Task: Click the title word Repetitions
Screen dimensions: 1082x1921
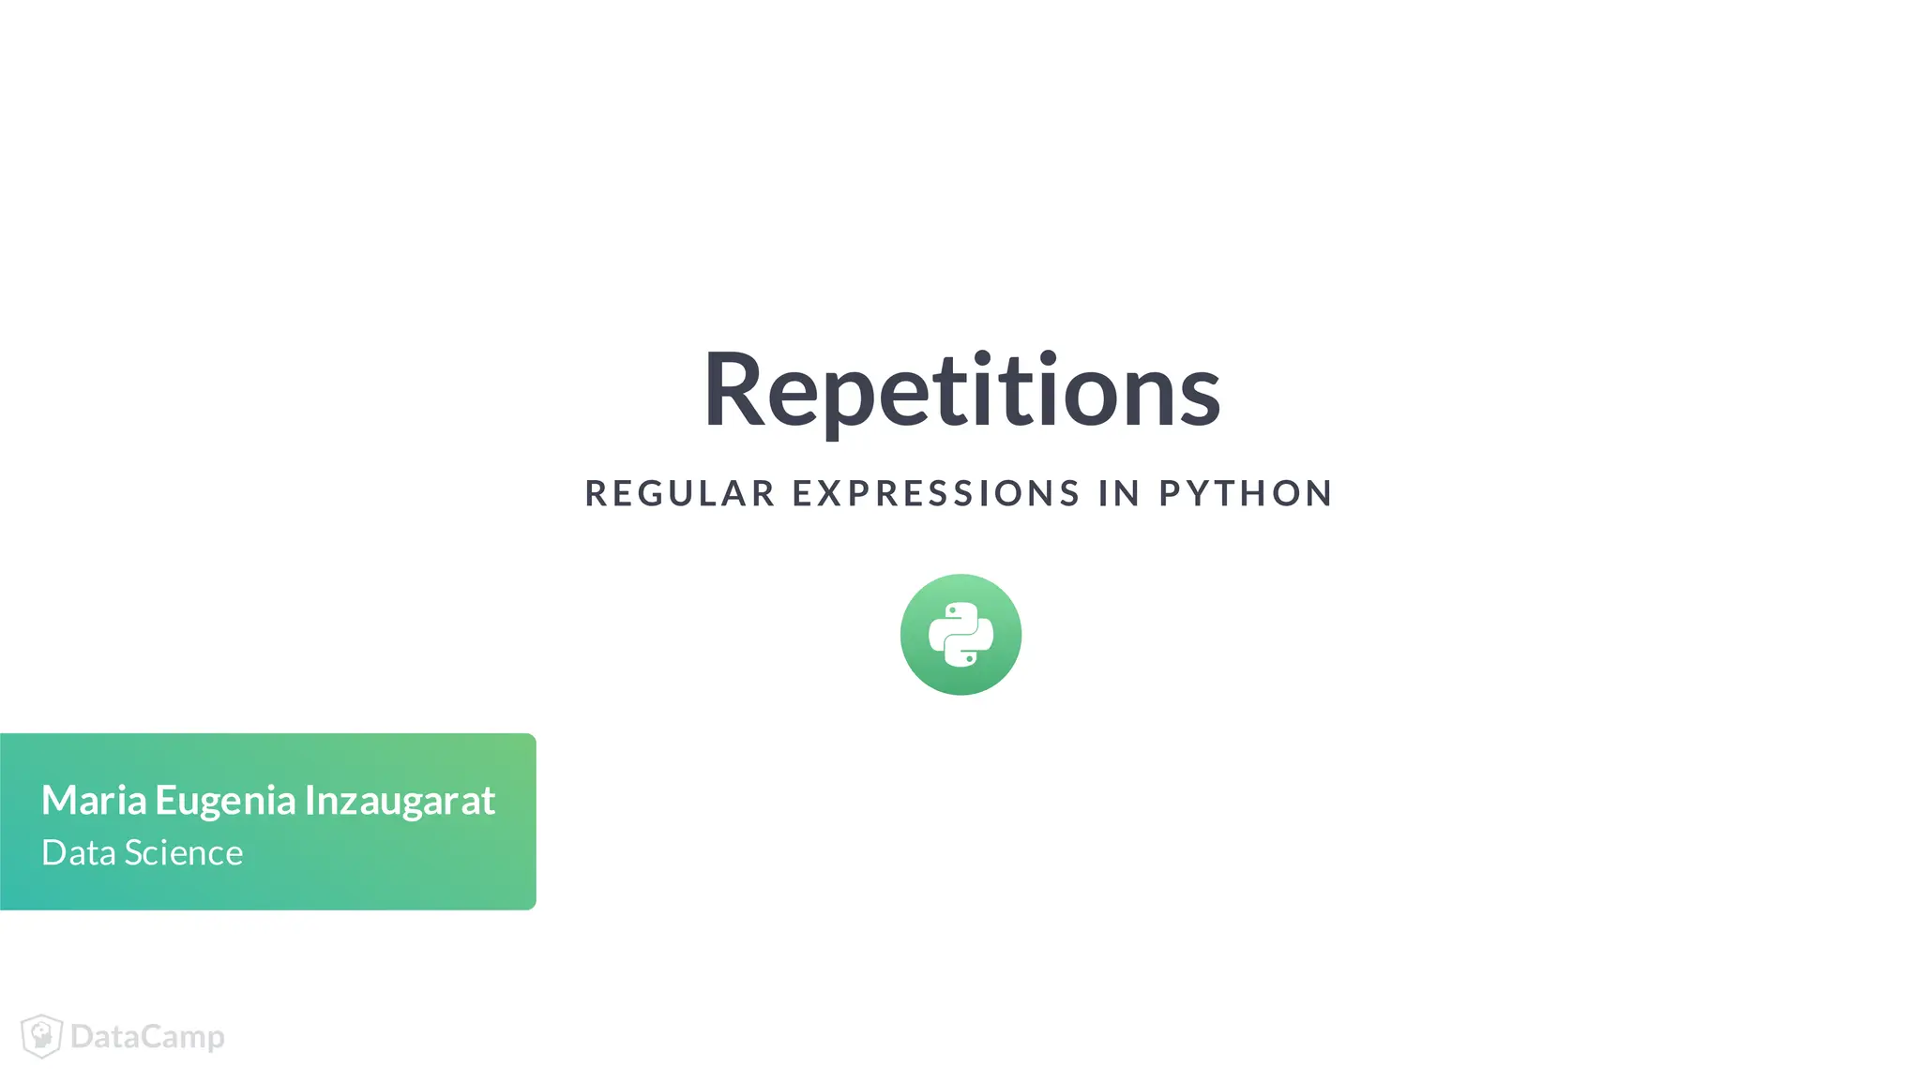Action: (x=961, y=390)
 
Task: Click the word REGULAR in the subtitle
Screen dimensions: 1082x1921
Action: (x=680, y=493)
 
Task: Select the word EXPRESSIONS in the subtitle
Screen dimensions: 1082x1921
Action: (x=936, y=493)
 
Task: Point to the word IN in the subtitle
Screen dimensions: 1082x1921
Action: (x=1119, y=493)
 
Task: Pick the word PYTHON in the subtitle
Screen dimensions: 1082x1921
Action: (x=1246, y=493)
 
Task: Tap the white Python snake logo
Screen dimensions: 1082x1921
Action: (x=960, y=635)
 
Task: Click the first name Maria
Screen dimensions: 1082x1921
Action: (x=94, y=801)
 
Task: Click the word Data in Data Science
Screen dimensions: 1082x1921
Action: (x=79, y=853)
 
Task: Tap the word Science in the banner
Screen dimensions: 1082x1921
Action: (x=184, y=853)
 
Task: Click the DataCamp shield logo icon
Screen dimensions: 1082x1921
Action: (x=41, y=1036)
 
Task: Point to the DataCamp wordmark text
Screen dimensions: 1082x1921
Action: (x=147, y=1037)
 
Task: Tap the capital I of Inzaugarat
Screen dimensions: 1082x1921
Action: (x=310, y=801)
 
